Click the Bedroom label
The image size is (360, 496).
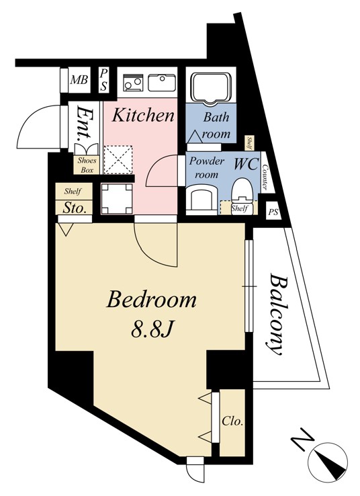[151, 300]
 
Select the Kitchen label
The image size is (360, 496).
[143, 115]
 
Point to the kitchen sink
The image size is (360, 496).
[162, 82]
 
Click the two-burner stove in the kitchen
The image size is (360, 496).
[133, 82]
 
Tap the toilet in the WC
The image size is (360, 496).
[242, 196]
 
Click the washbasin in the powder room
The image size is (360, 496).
[201, 198]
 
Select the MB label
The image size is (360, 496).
[79, 80]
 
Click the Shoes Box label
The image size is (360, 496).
[87, 165]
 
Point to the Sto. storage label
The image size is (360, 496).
[75, 208]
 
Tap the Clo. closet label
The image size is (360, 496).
[232, 421]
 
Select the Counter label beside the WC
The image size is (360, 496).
[265, 176]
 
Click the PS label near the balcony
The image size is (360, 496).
[273, 212]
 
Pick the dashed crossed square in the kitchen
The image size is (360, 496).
[118, 159]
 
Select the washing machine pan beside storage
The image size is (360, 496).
[117, 199]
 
